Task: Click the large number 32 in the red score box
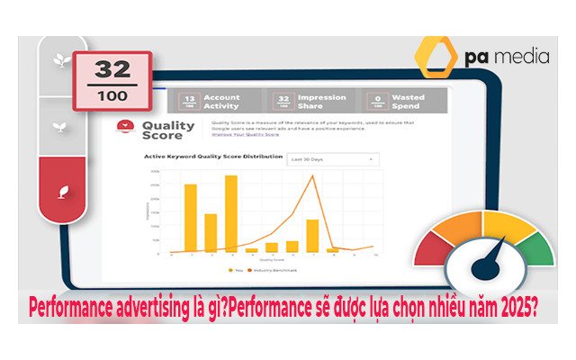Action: click(112, 68)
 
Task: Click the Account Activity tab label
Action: click(221, 101)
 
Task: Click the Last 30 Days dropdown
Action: click(332, 159)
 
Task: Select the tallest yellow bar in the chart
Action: click(231, 213)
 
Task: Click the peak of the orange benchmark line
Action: click(312, 175)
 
